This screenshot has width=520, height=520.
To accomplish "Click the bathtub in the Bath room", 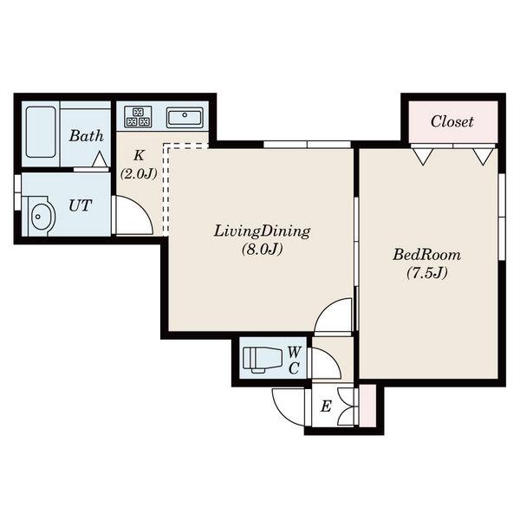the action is [41, 132].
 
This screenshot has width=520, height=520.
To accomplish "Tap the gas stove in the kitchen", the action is [138, 117].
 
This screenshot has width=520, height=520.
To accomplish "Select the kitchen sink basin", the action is [185, 117].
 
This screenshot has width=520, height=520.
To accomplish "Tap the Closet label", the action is [452, 121].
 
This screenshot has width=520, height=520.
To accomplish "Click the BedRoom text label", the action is [426, 255].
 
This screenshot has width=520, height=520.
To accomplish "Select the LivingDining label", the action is [262, 231].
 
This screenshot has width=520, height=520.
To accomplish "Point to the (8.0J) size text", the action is [262, 249].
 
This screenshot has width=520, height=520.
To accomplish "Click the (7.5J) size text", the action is [427, 273].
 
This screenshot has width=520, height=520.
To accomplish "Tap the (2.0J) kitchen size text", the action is [139, 173].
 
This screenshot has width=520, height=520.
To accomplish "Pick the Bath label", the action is [86, 136].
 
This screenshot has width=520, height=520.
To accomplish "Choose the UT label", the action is [80, 205].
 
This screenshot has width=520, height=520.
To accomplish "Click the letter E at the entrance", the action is [326, 406].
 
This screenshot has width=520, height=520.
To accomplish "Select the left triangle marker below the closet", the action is [423, 156].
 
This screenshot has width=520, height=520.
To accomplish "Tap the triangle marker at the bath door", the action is [100, 159].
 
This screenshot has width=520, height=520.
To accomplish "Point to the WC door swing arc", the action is [334, 356].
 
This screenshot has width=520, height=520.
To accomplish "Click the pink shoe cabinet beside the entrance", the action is [367, 406].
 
